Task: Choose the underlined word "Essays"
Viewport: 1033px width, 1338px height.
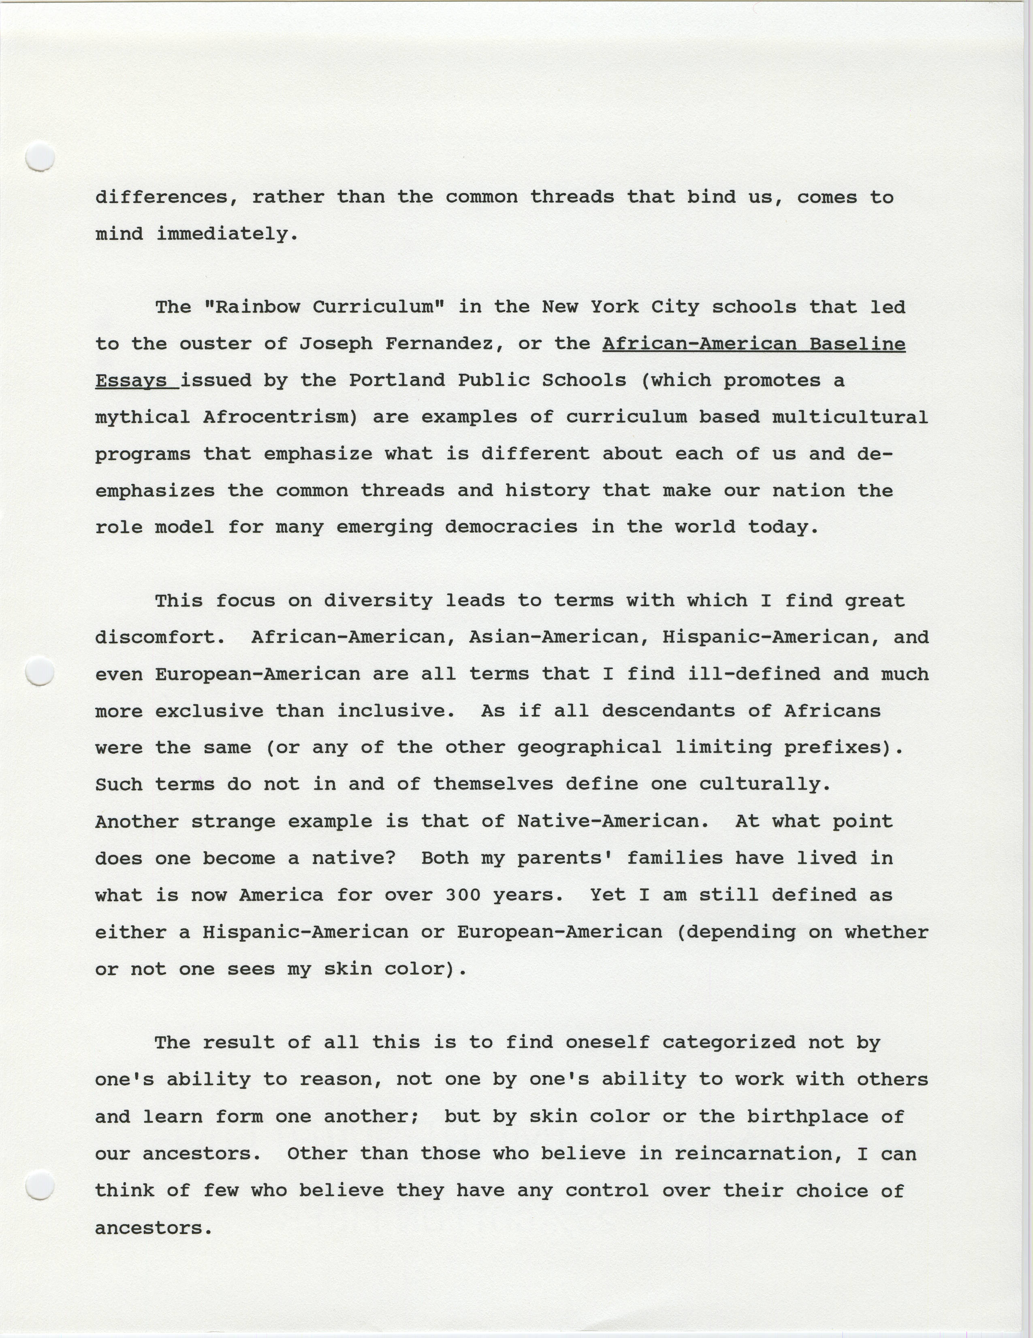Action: tap(130, 380)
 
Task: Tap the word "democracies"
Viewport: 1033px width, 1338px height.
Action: tap(511, 527)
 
